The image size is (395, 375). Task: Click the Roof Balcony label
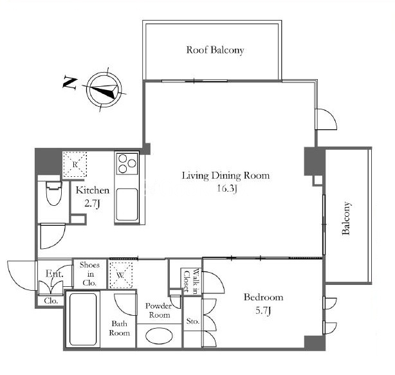pos(215,50)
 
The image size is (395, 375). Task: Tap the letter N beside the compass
pos(69,83)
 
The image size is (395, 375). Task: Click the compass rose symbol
pos(104,89)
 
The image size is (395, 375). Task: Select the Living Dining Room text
pos(226,176)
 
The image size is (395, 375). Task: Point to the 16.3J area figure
pos(227,188)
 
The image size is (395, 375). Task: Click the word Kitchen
pos(93,190)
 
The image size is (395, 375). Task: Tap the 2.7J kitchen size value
pos(92,203)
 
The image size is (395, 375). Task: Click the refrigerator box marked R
pos(75,164)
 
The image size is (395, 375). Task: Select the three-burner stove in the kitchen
pos(127,163)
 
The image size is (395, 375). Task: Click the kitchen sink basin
pos(127,205)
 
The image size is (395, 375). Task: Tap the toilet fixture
pos(54,193)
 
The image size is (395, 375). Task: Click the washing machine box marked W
pos(121,275)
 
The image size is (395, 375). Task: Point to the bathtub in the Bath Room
pos(83,319)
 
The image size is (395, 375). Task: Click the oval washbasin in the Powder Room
pos(159,336)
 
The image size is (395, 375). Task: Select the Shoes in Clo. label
pos(89,274)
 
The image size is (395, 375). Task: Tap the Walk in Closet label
pos(191,281)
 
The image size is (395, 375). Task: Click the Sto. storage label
pos(193,321)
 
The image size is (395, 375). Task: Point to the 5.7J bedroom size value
pos(263,311)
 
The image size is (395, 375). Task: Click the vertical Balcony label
pos(346,218)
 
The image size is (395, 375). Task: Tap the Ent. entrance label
pos(54,274)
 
